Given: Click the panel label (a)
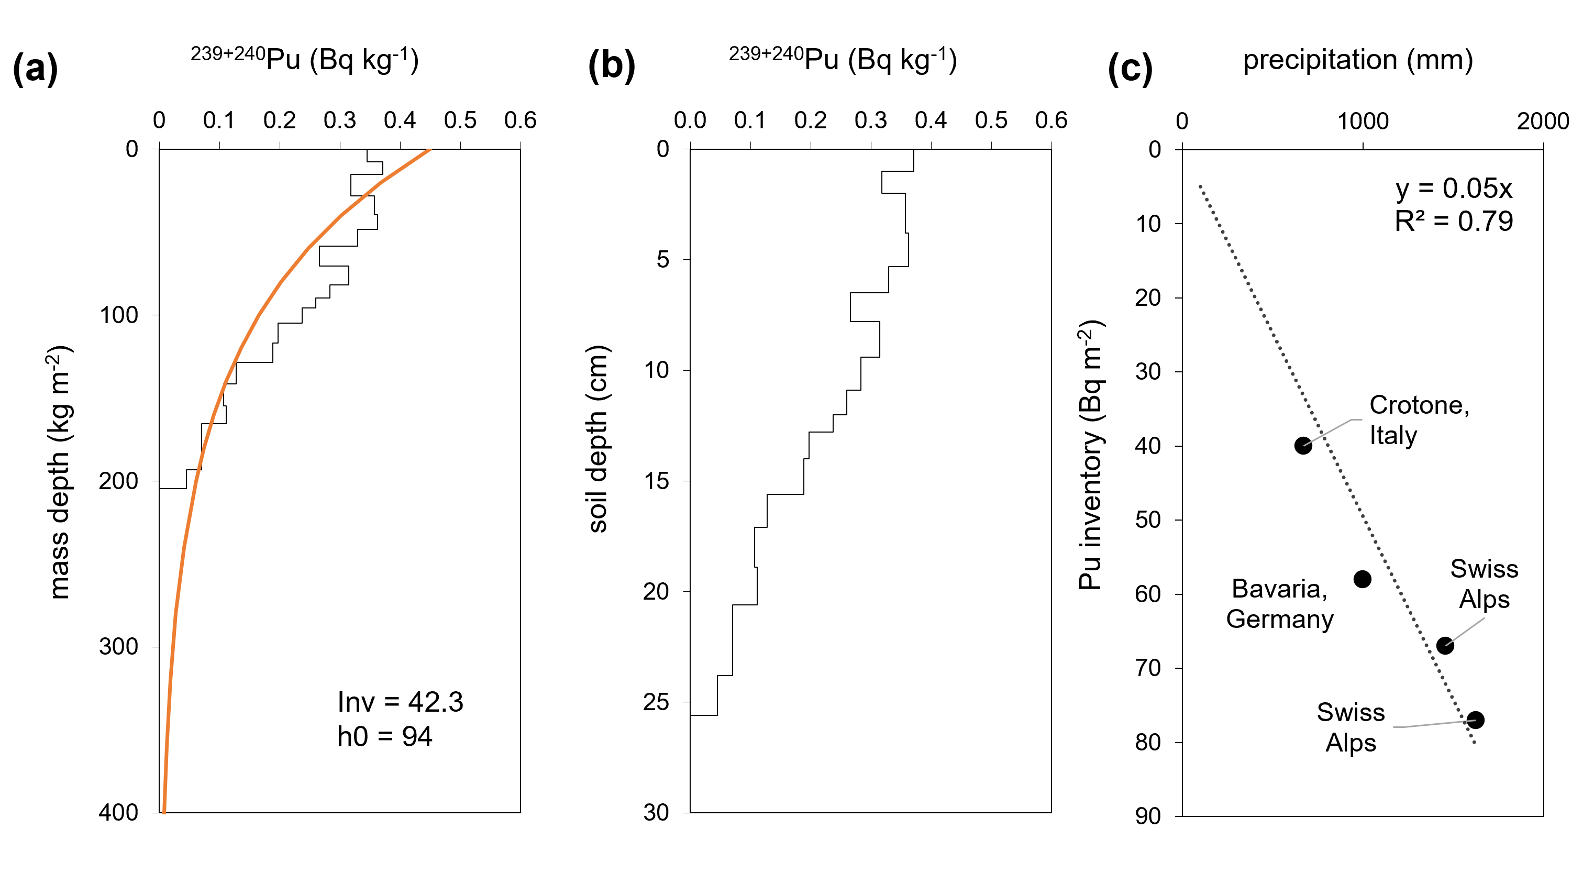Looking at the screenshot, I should pyautogui.click(x=35, y=67).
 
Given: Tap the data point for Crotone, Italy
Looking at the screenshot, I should pyautogui.click(x=1303, y=446).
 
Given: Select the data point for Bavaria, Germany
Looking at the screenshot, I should pyautogui.click(x=1363, y=579).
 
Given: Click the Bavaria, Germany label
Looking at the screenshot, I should pyautogui.click(x=1279, y=604).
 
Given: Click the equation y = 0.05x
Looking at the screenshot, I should pyautogui.click(x=1453, y=188).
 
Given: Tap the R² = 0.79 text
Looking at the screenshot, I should pyautogui.click(x=1453, y=221).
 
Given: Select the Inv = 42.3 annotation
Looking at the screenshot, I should pyautogui.click(x=400, y=702).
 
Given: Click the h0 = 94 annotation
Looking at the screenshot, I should pyautogui.click(x=385, y=736).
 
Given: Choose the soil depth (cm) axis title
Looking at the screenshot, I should pyautogui.click(x=597, y=439).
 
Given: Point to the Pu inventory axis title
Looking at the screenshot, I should pyautogui.click(x=1091, y=455).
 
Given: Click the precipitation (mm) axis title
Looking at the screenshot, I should pyautogui.click(x=1358, y=60).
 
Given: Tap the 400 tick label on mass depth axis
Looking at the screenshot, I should pyautogui.click(x=118, y=812).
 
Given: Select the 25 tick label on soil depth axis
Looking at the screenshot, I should pyautogui.click(x=656, y=702).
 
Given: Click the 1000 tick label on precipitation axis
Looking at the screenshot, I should pyautogui.click(x=1363, y=121).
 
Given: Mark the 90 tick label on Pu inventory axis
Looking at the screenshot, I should pyautogui.click(x=1148, y=816).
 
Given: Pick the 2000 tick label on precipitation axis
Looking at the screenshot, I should pyautogui.click(x=1543, y=121).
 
